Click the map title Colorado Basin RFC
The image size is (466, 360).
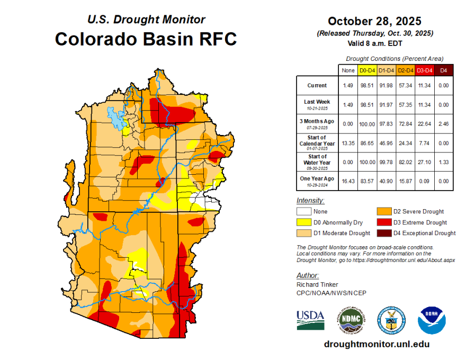(x=146, y=39)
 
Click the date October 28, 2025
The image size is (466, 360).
(x=374, y=21)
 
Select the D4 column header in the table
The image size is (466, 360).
(x=443, y=70)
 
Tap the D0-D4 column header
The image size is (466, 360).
(x=368, y=70)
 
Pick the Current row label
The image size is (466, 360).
(x=317, y=85)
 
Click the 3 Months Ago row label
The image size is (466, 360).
(x=317, y=123)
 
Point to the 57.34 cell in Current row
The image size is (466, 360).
(x=405, y=85)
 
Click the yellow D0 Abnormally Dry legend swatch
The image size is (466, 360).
(x=303, y=222)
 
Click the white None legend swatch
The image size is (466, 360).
(x=303, y=212)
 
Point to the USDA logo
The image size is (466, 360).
(x=310, y=320)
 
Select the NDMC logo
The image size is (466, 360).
(x=351, y=320)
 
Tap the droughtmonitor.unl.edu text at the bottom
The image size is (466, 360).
(x=377, y=344)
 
